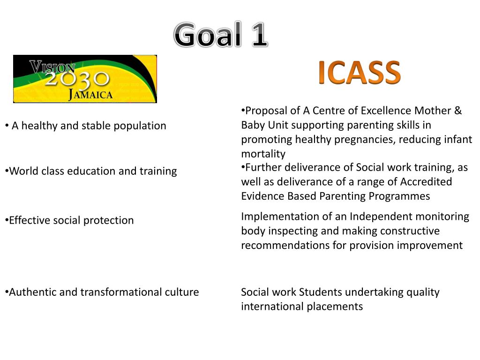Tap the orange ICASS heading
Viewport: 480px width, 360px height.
pyautogui.click(x=359, y=73)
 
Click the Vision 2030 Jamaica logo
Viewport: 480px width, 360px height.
pyautogui.click(x=85, y=79)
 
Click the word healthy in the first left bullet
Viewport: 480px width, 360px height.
pyautogui.click(x=40, y=126)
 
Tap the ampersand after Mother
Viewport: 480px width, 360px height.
pyautogui.click(x=457, y=111)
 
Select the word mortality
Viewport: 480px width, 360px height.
pyautogui.click(x=263, y=154)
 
